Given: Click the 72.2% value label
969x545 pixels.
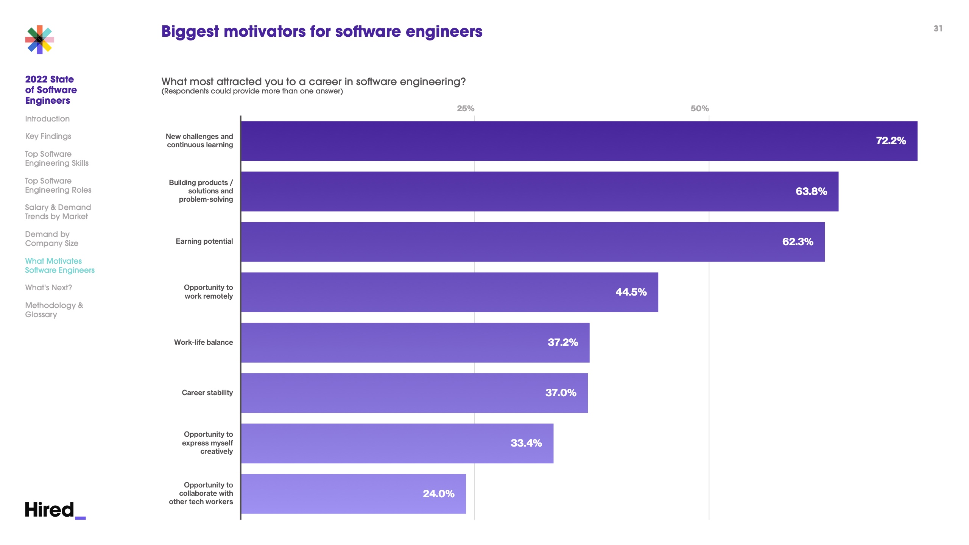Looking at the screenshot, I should pos(891,141).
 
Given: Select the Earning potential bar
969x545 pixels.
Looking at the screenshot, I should pos(530,242).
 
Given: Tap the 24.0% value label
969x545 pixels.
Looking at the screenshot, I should pos(438,494).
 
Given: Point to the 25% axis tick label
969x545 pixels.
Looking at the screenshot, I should pos(465,109).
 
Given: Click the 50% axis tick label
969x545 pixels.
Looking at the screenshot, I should pos(699,109).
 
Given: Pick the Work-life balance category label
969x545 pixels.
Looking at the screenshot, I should pos(203,343).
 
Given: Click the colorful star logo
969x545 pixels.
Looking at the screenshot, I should pos(40,40).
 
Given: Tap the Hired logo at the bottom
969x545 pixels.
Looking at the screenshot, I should pos(55,510).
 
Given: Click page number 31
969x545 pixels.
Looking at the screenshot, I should pos(938,29).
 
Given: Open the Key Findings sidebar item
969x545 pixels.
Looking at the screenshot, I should pos(48,136).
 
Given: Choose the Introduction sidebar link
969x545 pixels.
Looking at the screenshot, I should pos(47,119).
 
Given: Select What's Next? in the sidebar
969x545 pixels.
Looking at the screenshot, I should pos(48,288).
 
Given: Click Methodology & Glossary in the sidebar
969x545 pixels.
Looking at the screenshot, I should pos(54,310).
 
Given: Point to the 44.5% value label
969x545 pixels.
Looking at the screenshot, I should pos(631,292).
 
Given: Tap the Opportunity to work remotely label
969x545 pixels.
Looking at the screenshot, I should pos(208,292).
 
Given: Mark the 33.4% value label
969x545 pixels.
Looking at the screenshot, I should pos(526,443).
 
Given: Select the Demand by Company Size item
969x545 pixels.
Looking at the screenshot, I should pos(51,239).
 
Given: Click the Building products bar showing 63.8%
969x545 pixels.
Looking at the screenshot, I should pos(530,192).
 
